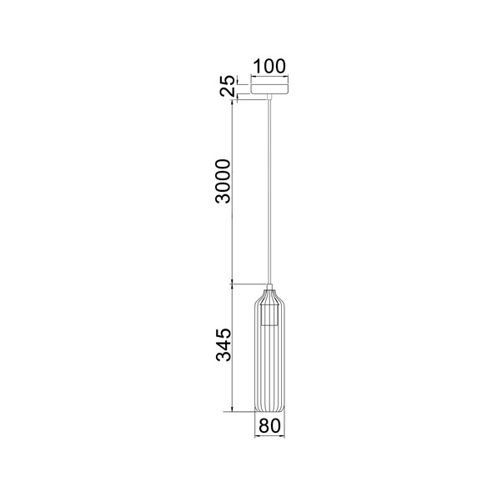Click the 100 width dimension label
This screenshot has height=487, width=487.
pyautogui.click(x=269, y=66)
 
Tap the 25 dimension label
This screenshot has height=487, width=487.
pyautogui.click(x=227, y=85)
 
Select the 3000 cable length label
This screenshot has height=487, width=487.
pyautogui.click(x=223, y=182)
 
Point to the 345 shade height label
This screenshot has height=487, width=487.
pyautogui.click(x=223, y=344)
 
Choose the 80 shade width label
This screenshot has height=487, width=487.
pyautogui.click(x=269, y=425)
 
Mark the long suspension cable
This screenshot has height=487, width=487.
pyautogui.click(x=269, y=192)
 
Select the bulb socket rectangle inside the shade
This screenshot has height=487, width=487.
pyautogui.click(x=269, y=314)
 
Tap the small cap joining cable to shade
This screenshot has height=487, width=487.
pyautogui.click(x=269, y=287)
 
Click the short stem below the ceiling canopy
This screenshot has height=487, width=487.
pyautogui.click(x=269, y=97)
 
